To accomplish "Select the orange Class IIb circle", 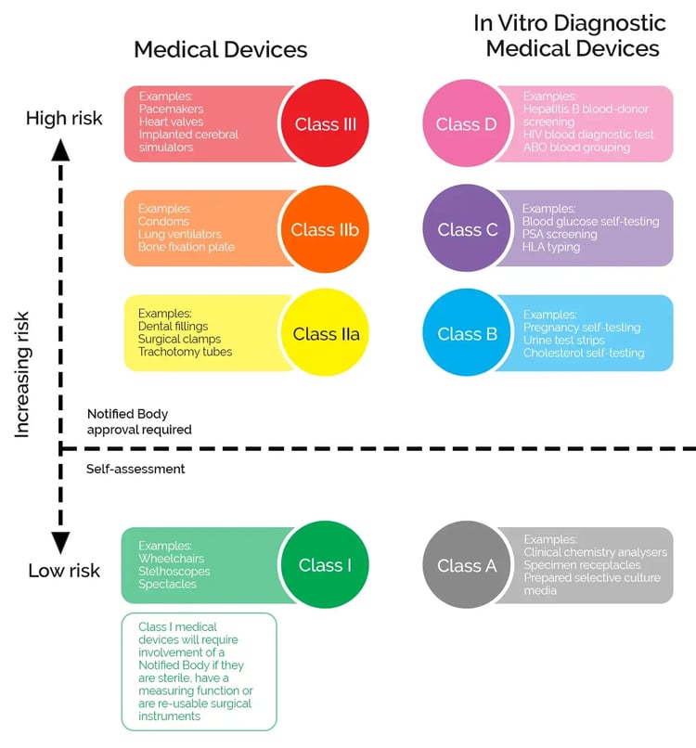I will point(325,229).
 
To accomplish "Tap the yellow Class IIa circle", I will point(325,334).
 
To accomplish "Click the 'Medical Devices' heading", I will point(220,49).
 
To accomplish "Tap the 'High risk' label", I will point(64,118).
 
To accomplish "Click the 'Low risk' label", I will point(64,571).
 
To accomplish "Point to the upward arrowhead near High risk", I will point(61,148).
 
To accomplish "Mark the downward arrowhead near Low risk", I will point(61,543).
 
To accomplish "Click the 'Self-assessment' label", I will point(135,469).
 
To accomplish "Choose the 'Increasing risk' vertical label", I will point(24,374).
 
